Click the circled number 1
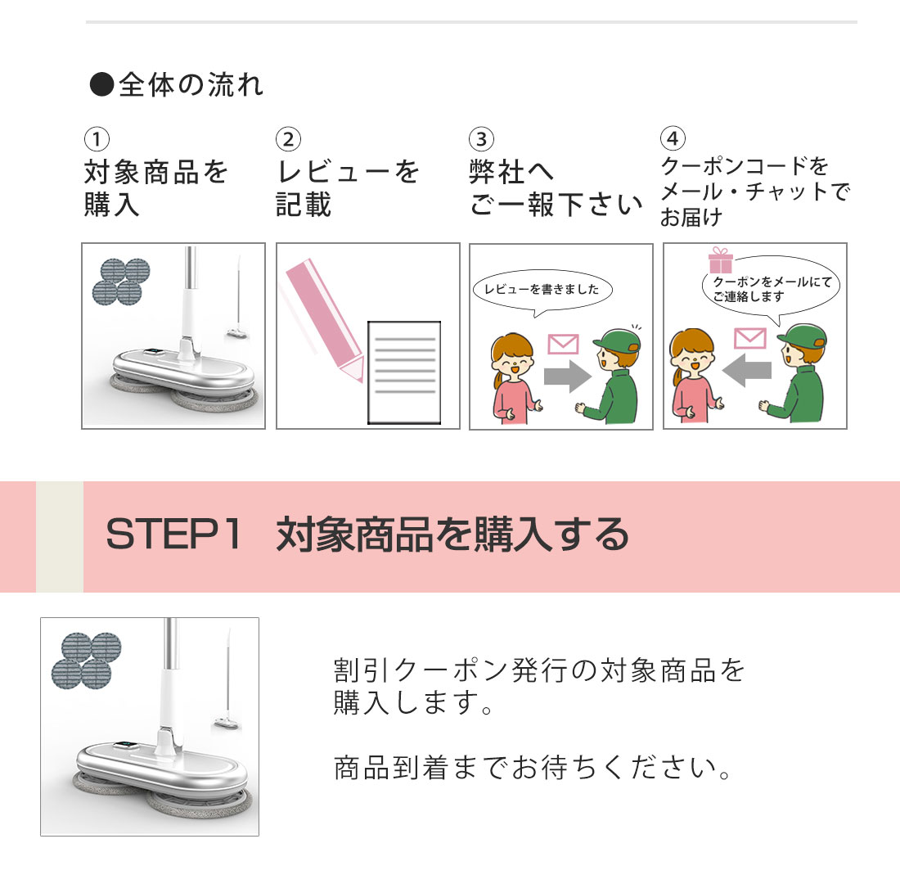(x=97, y=139)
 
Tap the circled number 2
(x=288, y=139)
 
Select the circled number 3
(x=481, y=139)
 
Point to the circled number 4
(x=673, y=138)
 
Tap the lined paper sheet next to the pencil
(x=404, y=372)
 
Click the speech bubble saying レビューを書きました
(x=542, y=291)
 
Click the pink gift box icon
(x=720, y=260)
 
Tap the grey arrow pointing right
(x=567, y=376)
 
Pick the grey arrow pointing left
(x=747, y=370)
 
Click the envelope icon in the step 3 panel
(x=563, y=344)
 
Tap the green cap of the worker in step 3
(x=618, y=340)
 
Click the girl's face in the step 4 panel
(x=693, y=359)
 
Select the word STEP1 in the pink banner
(x=173, y=534)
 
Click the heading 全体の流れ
(x=191, y=85)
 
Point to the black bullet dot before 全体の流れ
(x=101, y=84)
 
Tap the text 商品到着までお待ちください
(x=532, y=768)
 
